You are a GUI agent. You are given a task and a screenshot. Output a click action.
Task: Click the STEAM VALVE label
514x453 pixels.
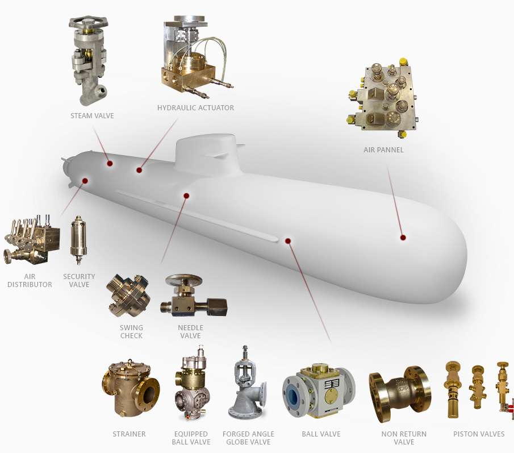(x=92, y=116)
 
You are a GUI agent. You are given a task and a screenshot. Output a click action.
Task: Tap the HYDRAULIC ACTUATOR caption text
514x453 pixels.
(x=195, y=108)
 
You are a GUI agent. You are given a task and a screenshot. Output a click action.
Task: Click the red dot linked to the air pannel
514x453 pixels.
(x=403, y=237)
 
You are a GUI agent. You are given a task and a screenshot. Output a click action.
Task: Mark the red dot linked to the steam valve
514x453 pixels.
(x=110, y=164)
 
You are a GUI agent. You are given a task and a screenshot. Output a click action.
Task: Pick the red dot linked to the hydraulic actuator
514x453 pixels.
(x=140, y=169)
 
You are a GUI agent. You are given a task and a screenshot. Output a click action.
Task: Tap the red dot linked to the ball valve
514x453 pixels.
(x=288, y=241)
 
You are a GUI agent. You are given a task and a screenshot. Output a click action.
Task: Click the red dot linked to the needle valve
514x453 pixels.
(x=186, y=196)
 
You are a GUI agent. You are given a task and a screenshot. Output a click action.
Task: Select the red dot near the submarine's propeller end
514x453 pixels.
(x=85, y=181)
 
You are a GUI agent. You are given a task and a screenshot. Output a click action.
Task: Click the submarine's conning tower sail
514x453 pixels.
(x=208, y=150)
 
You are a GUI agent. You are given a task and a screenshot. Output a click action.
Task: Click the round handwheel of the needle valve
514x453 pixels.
(x=184, y=280)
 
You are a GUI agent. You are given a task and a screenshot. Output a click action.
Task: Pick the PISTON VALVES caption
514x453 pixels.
(x=479, y=434)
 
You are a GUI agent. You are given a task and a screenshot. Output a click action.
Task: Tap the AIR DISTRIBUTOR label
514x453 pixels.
(x=30, y=280)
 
